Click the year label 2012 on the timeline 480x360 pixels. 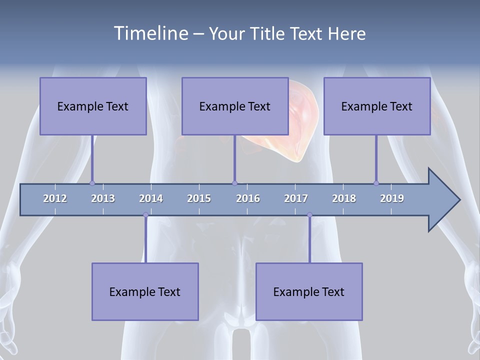click(x=55, y=198)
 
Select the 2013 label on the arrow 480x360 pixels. click(x=103, y=198)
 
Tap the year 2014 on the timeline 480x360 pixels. click(x=151, y=198)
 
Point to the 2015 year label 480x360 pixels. click(x=199, y=198)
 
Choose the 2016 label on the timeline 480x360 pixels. click(x=248, y=198)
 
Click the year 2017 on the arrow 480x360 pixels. click(x=296, y=198)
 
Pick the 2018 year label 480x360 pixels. click(x=344, y=198)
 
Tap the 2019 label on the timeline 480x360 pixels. click(x=392, y=198)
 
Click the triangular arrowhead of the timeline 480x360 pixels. click(x=442, y=200)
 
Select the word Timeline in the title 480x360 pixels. click(x=150, y=33)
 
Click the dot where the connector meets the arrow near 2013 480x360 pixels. click(x=92, y=183)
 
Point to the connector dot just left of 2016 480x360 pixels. click(x=234, y=183)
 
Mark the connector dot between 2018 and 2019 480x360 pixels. click(x=376, y=183)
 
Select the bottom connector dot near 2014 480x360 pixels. click(x=145, y=215)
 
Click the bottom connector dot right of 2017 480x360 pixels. click(x=309, y=215)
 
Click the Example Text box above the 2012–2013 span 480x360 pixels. click(x=93, y=106)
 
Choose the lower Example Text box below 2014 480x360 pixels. click(x=145, y=291)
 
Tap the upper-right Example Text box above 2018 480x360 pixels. click(x=377, y=106)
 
